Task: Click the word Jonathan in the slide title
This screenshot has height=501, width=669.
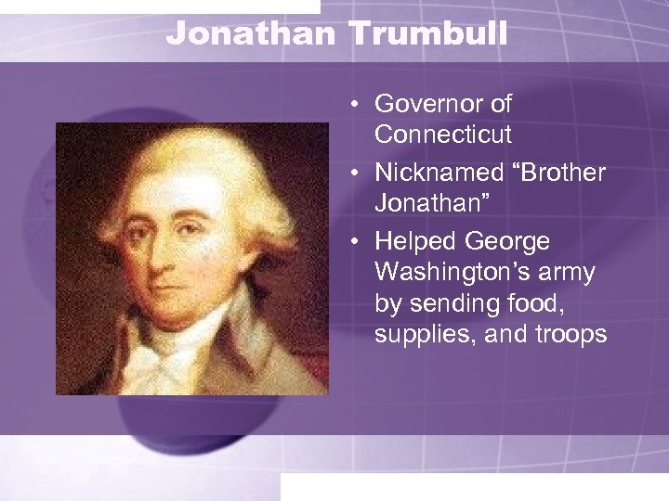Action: pyautogui.click(x=253, y=35)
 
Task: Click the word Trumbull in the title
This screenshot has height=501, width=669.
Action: pyautogui.click(x=428, y=35)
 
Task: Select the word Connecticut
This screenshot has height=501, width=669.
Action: pyautogui.click(x=443, y=135)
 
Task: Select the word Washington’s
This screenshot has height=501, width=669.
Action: pyautogui.click(x=446, y=272)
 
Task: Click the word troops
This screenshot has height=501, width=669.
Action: pyautogui.click(x=573, y=333)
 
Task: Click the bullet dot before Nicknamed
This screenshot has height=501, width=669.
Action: pyautogui.click(x=358, y=173)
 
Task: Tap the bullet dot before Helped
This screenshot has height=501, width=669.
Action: pyautogui.click(x=358, y=242)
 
